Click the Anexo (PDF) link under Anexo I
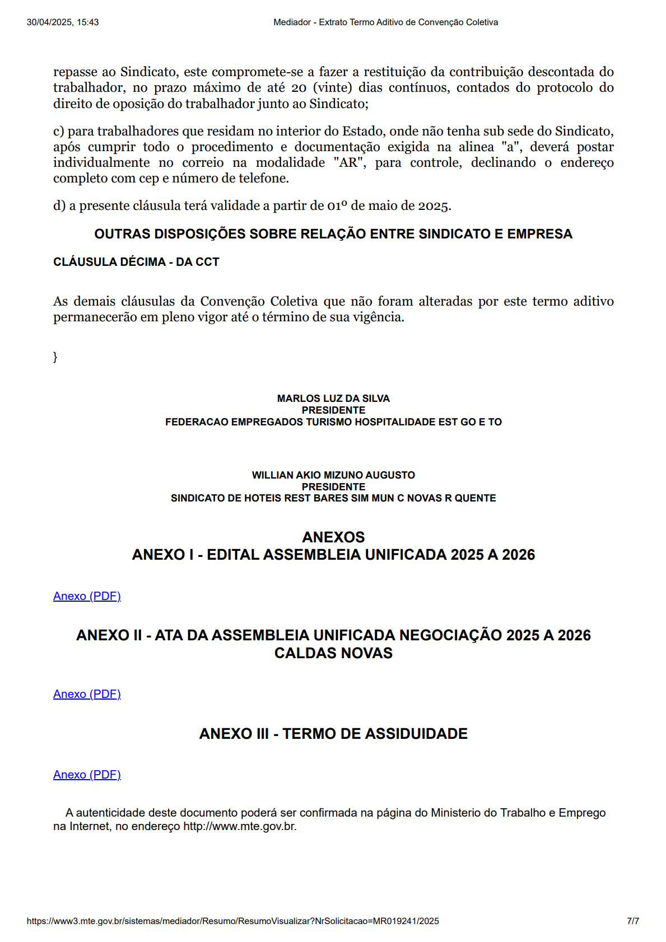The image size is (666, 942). (x=87, y=596)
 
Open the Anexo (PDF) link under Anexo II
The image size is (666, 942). (x=87, y=694)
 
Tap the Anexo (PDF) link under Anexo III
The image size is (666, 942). (x=87, y=775)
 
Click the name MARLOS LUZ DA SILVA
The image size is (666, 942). (x=333, y=399)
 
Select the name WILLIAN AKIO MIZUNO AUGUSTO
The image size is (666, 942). (x=333, y=475)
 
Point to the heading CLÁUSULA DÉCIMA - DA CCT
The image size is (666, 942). (x=136, y=262)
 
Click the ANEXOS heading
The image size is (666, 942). (x=333, y=537)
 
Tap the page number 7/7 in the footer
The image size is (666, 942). (x=633, y=921)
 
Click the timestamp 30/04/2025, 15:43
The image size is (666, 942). (x=63, y=22)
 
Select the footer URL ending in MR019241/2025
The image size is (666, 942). (x=232, y=921)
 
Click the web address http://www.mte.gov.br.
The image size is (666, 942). (x=239, y=826)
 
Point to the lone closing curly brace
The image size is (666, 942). (x=55, y=357)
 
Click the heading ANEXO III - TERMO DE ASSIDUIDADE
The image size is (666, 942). (x=333, y=734)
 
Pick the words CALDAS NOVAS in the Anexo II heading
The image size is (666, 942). (x=333, y=653)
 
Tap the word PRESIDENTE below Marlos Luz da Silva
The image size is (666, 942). (x=333, y=410)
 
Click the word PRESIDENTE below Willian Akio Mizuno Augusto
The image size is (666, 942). (x=333, y=487)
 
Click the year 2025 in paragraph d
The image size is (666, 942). (x=434, y=206)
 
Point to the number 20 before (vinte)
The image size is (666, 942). (x=299, y=88)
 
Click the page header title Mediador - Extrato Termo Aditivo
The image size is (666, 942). (x=385, y=22)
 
